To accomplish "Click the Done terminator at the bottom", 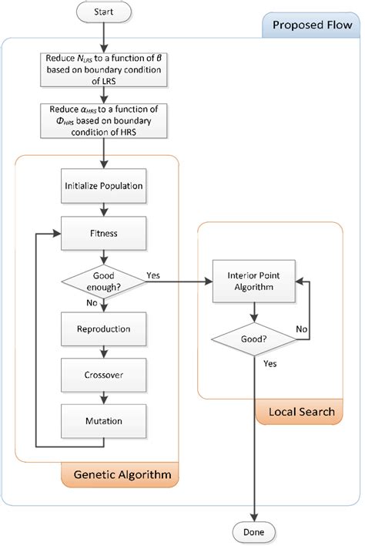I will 253,532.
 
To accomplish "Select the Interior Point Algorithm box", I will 253,281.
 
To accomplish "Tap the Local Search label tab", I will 300,412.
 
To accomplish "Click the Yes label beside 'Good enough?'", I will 152,275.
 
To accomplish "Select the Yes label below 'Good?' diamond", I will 270,362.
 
